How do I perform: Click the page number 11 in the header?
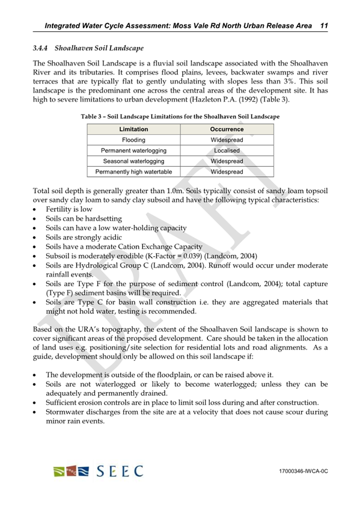323,25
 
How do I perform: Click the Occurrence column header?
227,129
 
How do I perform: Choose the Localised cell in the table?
227,150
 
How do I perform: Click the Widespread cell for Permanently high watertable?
227,172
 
